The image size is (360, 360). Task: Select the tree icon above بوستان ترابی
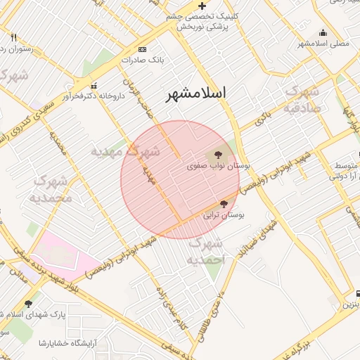coord(224,203)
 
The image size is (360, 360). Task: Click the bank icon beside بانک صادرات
coord(143,50)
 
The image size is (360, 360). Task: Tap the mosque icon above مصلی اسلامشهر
coord(323,32)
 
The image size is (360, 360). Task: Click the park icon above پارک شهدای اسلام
coord(28,304)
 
